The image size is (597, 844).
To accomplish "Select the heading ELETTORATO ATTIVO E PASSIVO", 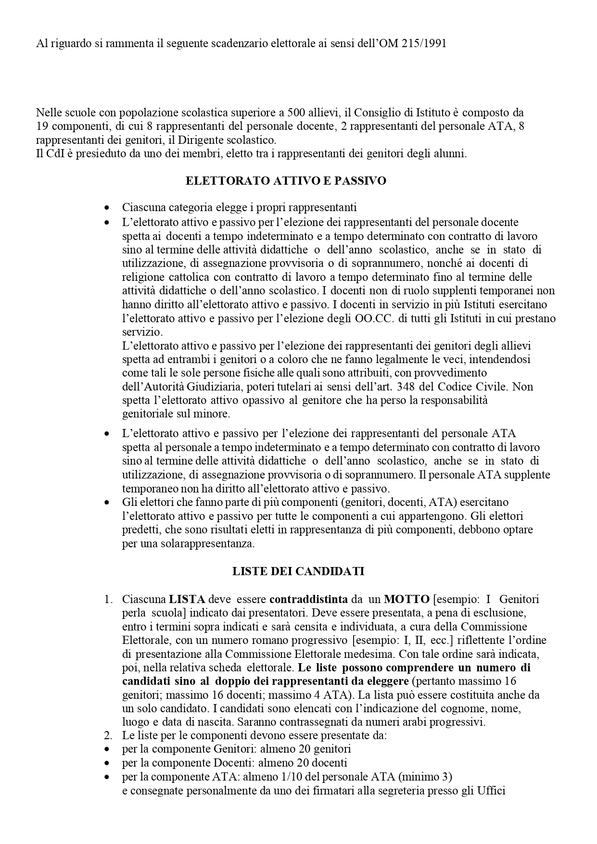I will click(286, 181).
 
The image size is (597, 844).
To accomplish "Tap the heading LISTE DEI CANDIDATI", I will click(298, 571).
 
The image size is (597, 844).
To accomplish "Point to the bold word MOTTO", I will click(406, 599).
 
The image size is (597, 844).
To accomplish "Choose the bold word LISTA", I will click(187, 599).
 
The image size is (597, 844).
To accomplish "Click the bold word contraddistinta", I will click(308, 599).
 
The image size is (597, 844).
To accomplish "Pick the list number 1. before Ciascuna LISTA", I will click(109, 599).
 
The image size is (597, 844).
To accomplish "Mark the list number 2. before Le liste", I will click(108, 735).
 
